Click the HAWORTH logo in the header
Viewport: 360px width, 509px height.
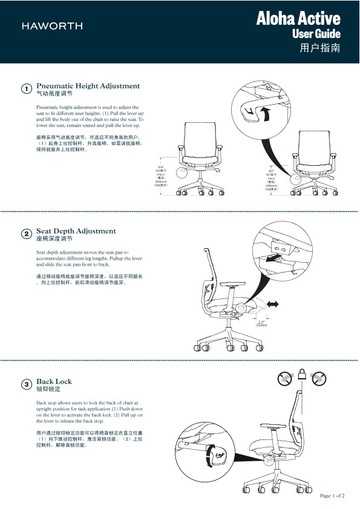52,26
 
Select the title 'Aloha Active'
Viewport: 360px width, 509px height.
298,19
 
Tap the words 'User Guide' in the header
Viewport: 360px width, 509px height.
316,34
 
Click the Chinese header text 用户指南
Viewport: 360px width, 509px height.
319,48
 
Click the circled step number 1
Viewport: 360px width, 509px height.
27,90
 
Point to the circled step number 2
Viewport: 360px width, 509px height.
27,234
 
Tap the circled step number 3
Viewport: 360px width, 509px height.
27,385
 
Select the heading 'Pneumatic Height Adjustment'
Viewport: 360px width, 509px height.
88,86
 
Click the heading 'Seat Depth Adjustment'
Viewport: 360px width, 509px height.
76,231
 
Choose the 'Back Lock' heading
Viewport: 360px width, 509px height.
54,381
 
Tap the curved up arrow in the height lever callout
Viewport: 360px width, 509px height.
263,113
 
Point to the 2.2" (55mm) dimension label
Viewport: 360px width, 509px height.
261,323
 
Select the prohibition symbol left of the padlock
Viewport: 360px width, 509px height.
285,379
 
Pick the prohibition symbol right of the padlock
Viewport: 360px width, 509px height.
319,379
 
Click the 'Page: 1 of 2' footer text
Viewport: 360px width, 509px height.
332,496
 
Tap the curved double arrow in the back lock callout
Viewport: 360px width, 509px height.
211,455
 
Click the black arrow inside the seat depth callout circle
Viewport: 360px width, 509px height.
275,258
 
